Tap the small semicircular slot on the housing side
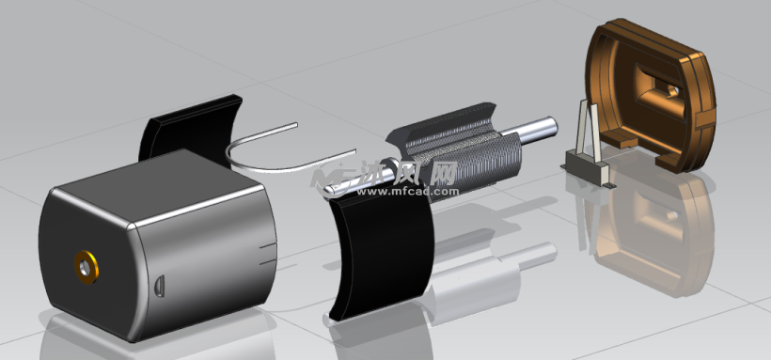(161, 284)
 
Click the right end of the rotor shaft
(550, 127)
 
